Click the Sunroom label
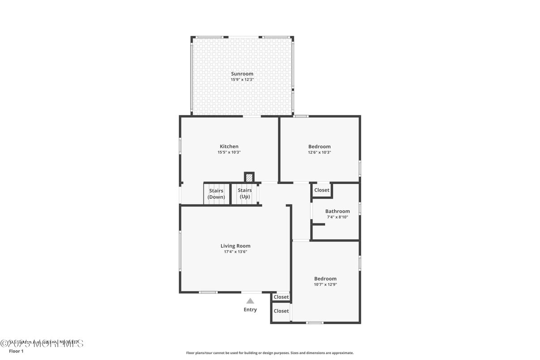click(x=242, y=74)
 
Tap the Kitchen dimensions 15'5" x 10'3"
click(x=229, y=152)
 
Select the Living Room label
click(x=236, y=246)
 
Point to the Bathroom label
click(x=338, y=211)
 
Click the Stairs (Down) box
click(x=217, y=194)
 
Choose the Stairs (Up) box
click(x=245, y=193)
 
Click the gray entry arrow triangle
click(x=250, y=301)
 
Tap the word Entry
click(x=250, y=310)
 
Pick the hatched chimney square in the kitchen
click(x=249, y=177)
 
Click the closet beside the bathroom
click(x=321, y=190)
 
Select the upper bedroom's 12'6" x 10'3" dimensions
click(x=319, y=152)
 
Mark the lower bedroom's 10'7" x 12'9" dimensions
click(x=325, y=284)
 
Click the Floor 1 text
click(x=16, y=351)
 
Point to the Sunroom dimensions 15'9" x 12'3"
click(x=242, y=80)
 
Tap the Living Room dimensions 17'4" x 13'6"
click(x=236, y=252)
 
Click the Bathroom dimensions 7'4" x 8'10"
click(x=338, y=217)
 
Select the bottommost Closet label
click(x=281, y=311)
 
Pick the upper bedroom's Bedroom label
click(x=319, y=146)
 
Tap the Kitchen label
click(x=229, y=146)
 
